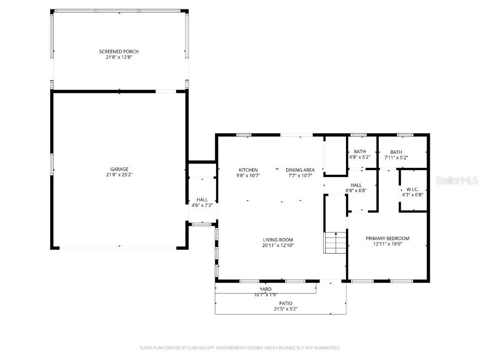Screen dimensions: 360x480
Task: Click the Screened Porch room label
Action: pos(119,52)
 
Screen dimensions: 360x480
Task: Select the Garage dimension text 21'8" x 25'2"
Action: pos(119,175)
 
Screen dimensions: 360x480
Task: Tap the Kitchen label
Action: pos(248,170)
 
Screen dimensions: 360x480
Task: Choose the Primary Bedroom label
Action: pos(387,238)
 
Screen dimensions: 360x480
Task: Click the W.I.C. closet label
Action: pos(412,189)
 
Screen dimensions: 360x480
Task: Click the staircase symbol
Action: pos(335,242)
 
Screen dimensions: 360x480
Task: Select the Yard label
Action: pos(265,289)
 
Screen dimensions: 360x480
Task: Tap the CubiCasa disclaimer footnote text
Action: pos(240,348)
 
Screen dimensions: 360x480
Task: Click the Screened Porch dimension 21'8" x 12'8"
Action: pos(119,57)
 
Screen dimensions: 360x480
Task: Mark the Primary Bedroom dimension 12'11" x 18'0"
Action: pos(387,244)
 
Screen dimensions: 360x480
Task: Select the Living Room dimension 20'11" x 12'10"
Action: pos(277,245)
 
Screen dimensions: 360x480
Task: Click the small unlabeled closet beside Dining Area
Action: pos(335,156)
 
